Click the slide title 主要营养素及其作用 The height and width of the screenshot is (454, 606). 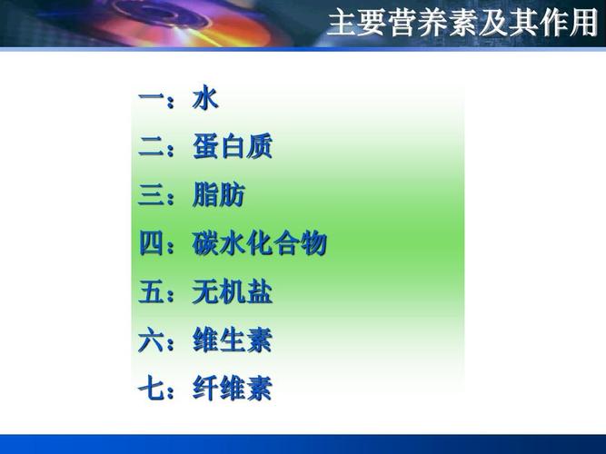tap(462, 23)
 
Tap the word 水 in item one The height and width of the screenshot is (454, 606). tap(205, 98)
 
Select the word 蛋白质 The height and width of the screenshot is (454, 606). tap(232, 147)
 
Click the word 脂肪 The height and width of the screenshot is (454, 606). tap(218, 195)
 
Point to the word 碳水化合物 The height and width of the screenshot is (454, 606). tap(259, 244)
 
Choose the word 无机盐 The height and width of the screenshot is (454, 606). tap(232, 292)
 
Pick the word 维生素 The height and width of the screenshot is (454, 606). tap(232, 341)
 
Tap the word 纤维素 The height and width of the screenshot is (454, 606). tap(232, 390)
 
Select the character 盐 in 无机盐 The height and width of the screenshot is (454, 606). tap(259, 292)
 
